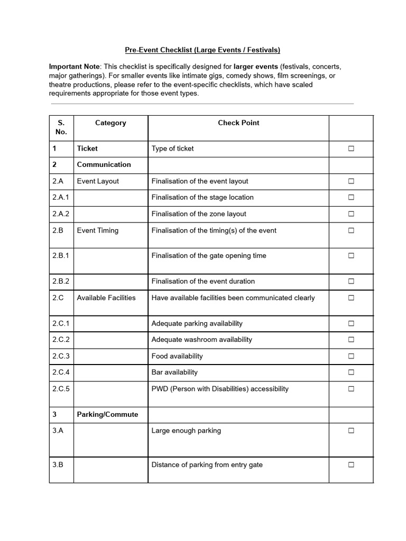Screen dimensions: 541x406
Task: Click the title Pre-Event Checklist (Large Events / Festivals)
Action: point(202,50)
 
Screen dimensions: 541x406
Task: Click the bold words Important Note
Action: point(74,67)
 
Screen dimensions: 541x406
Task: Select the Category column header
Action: point(110,123)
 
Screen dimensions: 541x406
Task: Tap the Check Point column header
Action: point(238,123)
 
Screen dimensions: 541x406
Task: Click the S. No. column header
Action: point(61,127)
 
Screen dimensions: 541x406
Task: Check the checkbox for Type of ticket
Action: point(351,149)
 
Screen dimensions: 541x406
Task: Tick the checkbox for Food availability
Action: point(351,356)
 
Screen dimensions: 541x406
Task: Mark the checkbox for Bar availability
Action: point(351,372)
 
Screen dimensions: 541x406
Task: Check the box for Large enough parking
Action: point(351,431)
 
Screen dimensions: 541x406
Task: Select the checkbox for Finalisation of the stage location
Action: point(351,198)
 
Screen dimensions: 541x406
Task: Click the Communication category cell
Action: point(104,164)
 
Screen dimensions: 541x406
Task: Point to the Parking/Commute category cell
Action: point(107,414)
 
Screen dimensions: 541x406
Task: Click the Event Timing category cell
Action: point(98,230)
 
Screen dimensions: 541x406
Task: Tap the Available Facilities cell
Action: point(106,297)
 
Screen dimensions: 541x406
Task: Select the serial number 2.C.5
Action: point(61,389)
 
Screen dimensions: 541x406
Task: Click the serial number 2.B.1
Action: point(61,256)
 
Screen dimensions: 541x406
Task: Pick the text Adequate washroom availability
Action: point(201,339)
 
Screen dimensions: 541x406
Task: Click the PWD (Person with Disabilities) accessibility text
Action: point(220,389)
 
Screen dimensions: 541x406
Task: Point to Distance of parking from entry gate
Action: point(207,465)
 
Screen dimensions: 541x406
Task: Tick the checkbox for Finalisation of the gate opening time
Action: point(351,256)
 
